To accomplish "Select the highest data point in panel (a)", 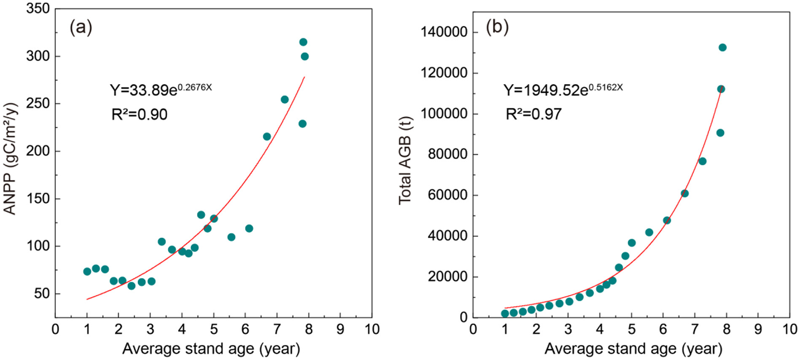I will [303, 42].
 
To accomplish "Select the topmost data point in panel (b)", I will [722, 47].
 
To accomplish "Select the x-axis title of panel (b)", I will [631, 348].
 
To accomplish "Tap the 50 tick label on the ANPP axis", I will [42, 294].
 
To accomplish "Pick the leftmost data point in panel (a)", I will [87, 271].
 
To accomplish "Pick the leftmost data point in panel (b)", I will [505, 314].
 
